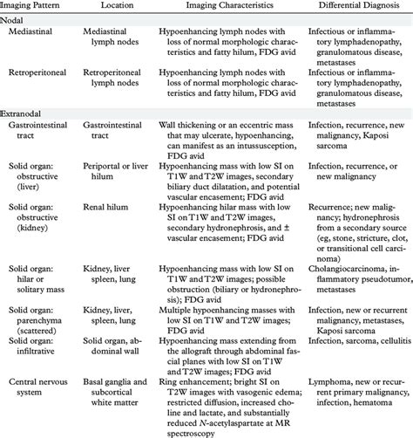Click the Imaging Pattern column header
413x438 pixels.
click(35, 6)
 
